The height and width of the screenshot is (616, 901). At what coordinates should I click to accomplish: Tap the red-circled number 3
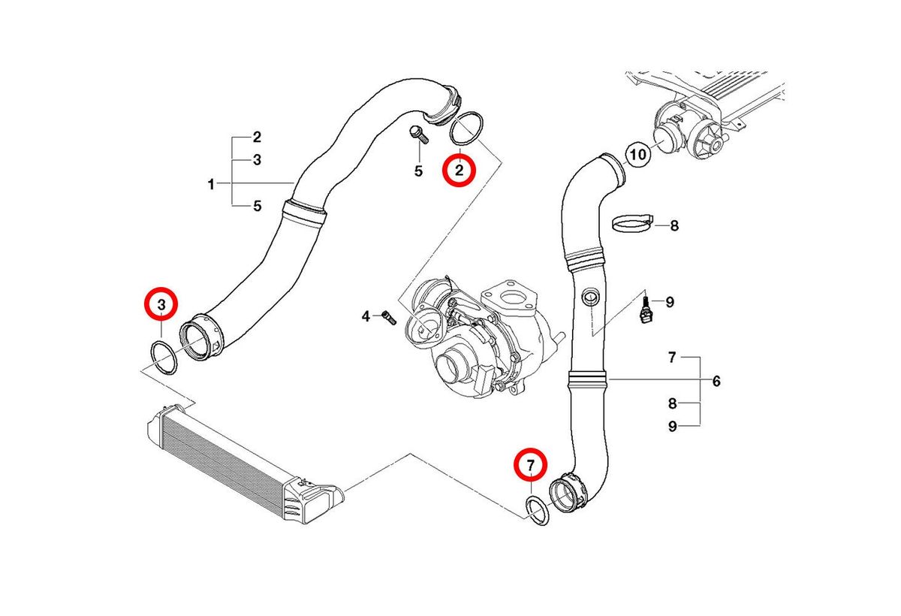coord(161,304)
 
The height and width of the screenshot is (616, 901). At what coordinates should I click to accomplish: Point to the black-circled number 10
coord(637,156)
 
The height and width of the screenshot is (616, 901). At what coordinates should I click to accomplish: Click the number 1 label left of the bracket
coord(212,184)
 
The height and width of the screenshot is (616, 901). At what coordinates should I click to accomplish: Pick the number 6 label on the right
coord(716,382)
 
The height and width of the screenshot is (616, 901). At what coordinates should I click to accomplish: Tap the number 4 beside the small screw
coord(366,316)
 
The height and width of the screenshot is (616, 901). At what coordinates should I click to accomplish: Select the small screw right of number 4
coord(387,316)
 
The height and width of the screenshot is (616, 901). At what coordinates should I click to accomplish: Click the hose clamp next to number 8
coord(633,223)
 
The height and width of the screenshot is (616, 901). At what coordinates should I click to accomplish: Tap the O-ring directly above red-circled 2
coord(466,128)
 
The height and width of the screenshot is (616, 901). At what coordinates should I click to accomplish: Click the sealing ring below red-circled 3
coord(161,356)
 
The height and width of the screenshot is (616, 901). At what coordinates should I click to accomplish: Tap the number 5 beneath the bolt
coord(419,171)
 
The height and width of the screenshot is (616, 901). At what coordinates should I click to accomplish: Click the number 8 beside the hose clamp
coord(673,225)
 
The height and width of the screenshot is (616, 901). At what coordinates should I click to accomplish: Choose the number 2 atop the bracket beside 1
coord(257,137)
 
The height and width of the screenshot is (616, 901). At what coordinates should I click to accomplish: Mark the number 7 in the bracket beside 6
coord(673,358)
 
